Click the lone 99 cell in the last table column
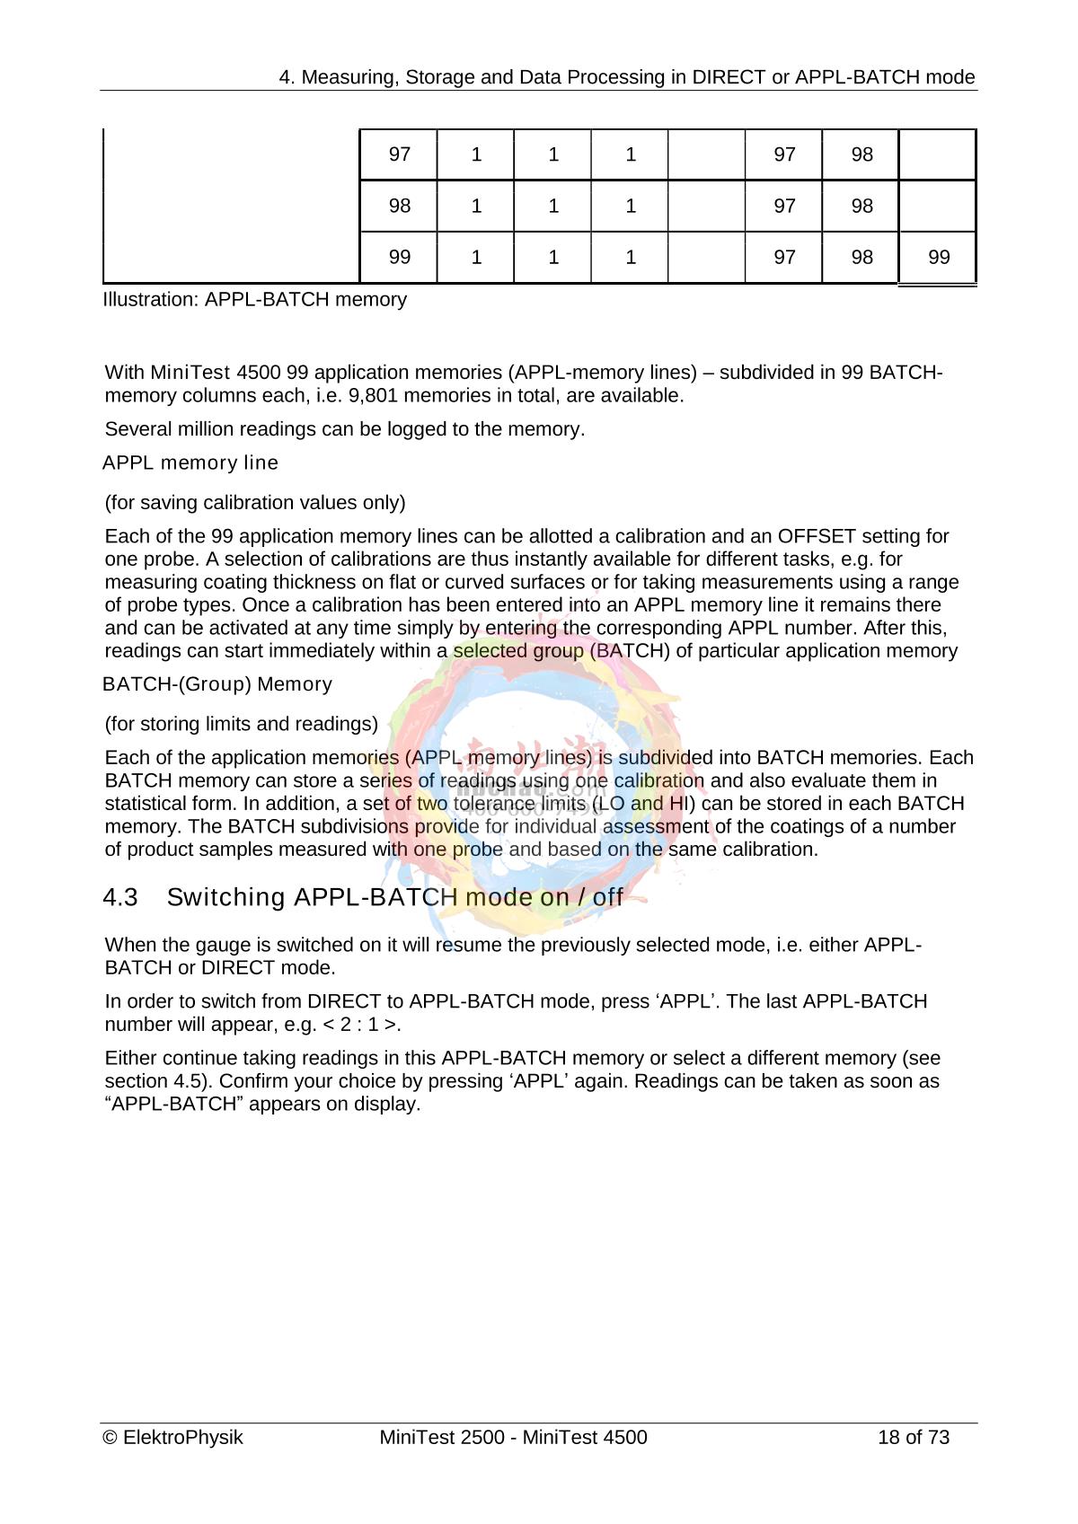coord(938,258)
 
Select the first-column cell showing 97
coord(399,154)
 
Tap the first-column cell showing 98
coord(399,206)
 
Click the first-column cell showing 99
coord(399,258)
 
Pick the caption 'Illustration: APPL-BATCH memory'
coord(255,299)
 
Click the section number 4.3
coord(120,897)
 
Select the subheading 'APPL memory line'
coord(190,463)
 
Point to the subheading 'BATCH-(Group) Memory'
coord(217,684)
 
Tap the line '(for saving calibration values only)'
coord(255,503)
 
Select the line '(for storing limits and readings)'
coord(242,724)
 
